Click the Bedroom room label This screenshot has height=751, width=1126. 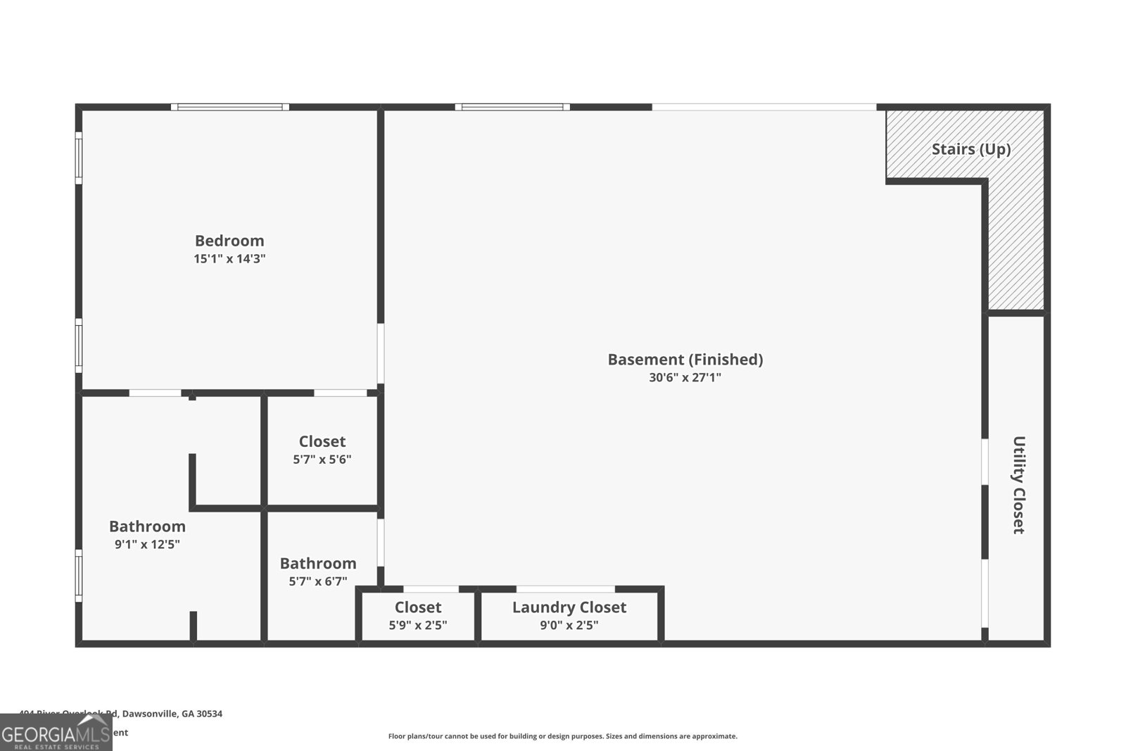click(229, 241)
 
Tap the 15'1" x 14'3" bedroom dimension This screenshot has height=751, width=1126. click(229, 259)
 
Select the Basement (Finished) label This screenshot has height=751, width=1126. click(685, 360)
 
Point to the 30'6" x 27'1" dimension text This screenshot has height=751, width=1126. click(685, 378)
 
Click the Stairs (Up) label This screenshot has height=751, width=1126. click(971, 149)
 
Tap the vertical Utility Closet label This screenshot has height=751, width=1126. click(1018, 485)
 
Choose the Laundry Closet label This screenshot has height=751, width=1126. click(569, 607)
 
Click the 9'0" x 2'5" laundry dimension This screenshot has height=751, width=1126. click(569, 625)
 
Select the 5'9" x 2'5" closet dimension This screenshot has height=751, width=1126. click(418, 625)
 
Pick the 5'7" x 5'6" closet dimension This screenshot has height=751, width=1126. click(322, 460)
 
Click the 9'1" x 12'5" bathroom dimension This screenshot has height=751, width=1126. click(147, 544)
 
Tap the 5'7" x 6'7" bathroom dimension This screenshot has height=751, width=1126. click(318, 581)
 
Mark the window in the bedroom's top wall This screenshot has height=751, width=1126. click(230, 107)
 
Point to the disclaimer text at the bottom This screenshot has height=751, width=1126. click(562, 736)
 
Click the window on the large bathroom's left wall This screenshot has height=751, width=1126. click(79, 576)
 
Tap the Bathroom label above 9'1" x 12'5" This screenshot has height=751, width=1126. click(147, 526)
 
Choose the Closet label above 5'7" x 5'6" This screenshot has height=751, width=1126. click(322, 441)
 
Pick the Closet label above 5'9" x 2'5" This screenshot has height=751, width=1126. click(418, 607)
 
